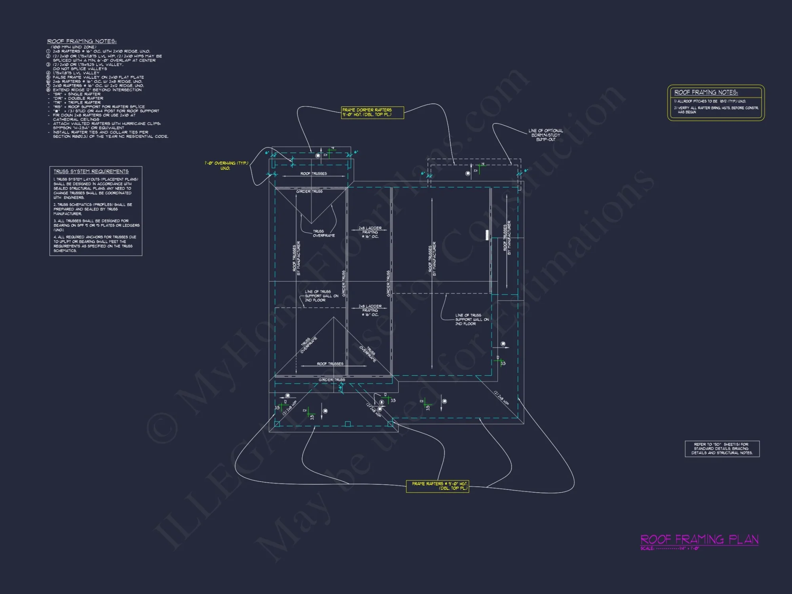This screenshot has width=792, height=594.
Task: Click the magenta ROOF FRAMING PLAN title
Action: pyautogui.click(x=699, y=539)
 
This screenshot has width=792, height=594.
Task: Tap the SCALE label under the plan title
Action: pyautogui.click(x=647, y=548)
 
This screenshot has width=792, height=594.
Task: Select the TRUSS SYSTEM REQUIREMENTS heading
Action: pyautogui.click(x=91, y=171)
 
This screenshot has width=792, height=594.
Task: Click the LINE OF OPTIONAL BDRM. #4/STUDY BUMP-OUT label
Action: pyautogui.click(x=546, y=135)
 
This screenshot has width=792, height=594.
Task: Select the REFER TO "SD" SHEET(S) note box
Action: pyautogui.click(x=722, y=449)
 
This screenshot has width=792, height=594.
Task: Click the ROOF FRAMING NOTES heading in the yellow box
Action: pyautogui.click(x=706, y=92)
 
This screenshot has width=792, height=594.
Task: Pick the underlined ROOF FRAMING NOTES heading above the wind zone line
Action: pyautogui.click(x=82, y=41)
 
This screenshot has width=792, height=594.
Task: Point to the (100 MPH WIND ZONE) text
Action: pyautogui.click(x=74, y=47)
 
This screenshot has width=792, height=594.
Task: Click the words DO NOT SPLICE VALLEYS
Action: pyautogui.click(x=80, y=69)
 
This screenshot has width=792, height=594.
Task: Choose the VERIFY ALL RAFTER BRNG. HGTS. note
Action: pyautogui.click(x=716, y=108)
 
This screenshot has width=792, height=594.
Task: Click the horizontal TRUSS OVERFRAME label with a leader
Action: pyautogui.click(x=324, y=233)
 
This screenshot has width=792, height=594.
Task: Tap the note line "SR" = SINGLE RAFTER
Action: pyautogui.click(x=77, y=94)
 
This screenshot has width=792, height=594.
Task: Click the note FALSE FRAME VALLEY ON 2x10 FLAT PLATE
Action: pyautogui.click(x=98, y=77)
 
